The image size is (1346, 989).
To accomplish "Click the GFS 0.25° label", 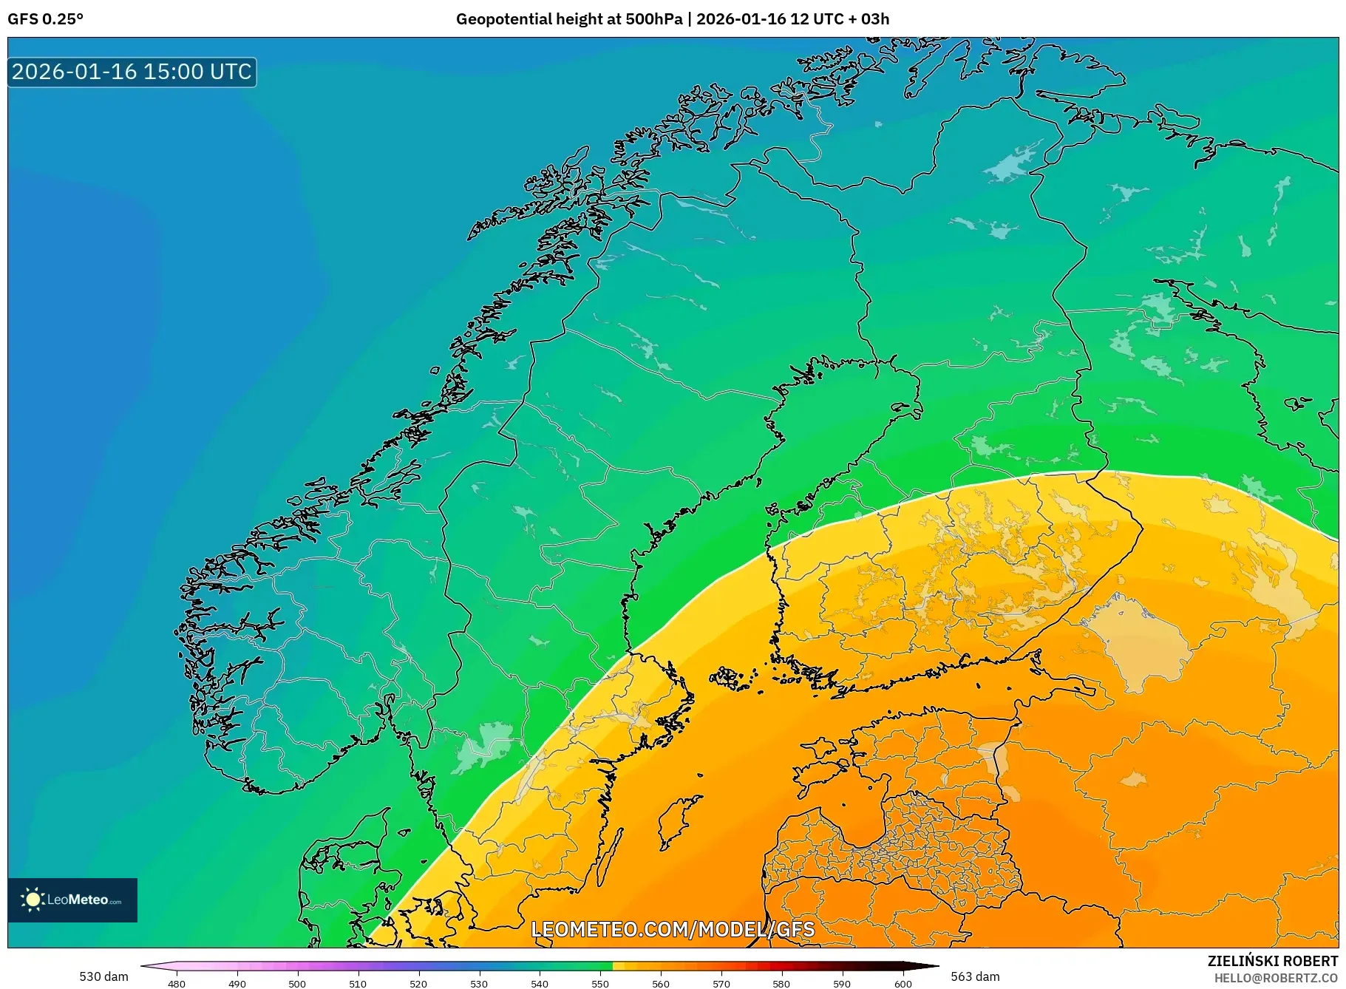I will point(45,19).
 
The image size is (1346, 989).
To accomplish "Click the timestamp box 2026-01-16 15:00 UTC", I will point(132,72).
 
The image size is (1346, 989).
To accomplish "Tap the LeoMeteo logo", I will point(72,900).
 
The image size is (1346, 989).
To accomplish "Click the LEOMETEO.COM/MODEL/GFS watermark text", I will point(673,929).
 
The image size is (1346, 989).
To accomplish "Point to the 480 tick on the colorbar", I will point(177,984).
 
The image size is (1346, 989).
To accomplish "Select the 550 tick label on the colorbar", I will point(600,984).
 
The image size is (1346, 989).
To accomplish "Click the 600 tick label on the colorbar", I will point(903,984).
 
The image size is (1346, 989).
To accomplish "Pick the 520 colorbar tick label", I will point(418,984).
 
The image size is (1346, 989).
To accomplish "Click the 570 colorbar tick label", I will point(721,984).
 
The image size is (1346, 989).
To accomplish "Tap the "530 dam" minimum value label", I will point(103,976).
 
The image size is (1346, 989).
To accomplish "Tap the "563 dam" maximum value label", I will point(975,976).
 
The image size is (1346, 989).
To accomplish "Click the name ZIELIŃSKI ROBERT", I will point(1272,961).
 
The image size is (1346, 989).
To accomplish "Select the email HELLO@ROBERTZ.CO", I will point(1276,978).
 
